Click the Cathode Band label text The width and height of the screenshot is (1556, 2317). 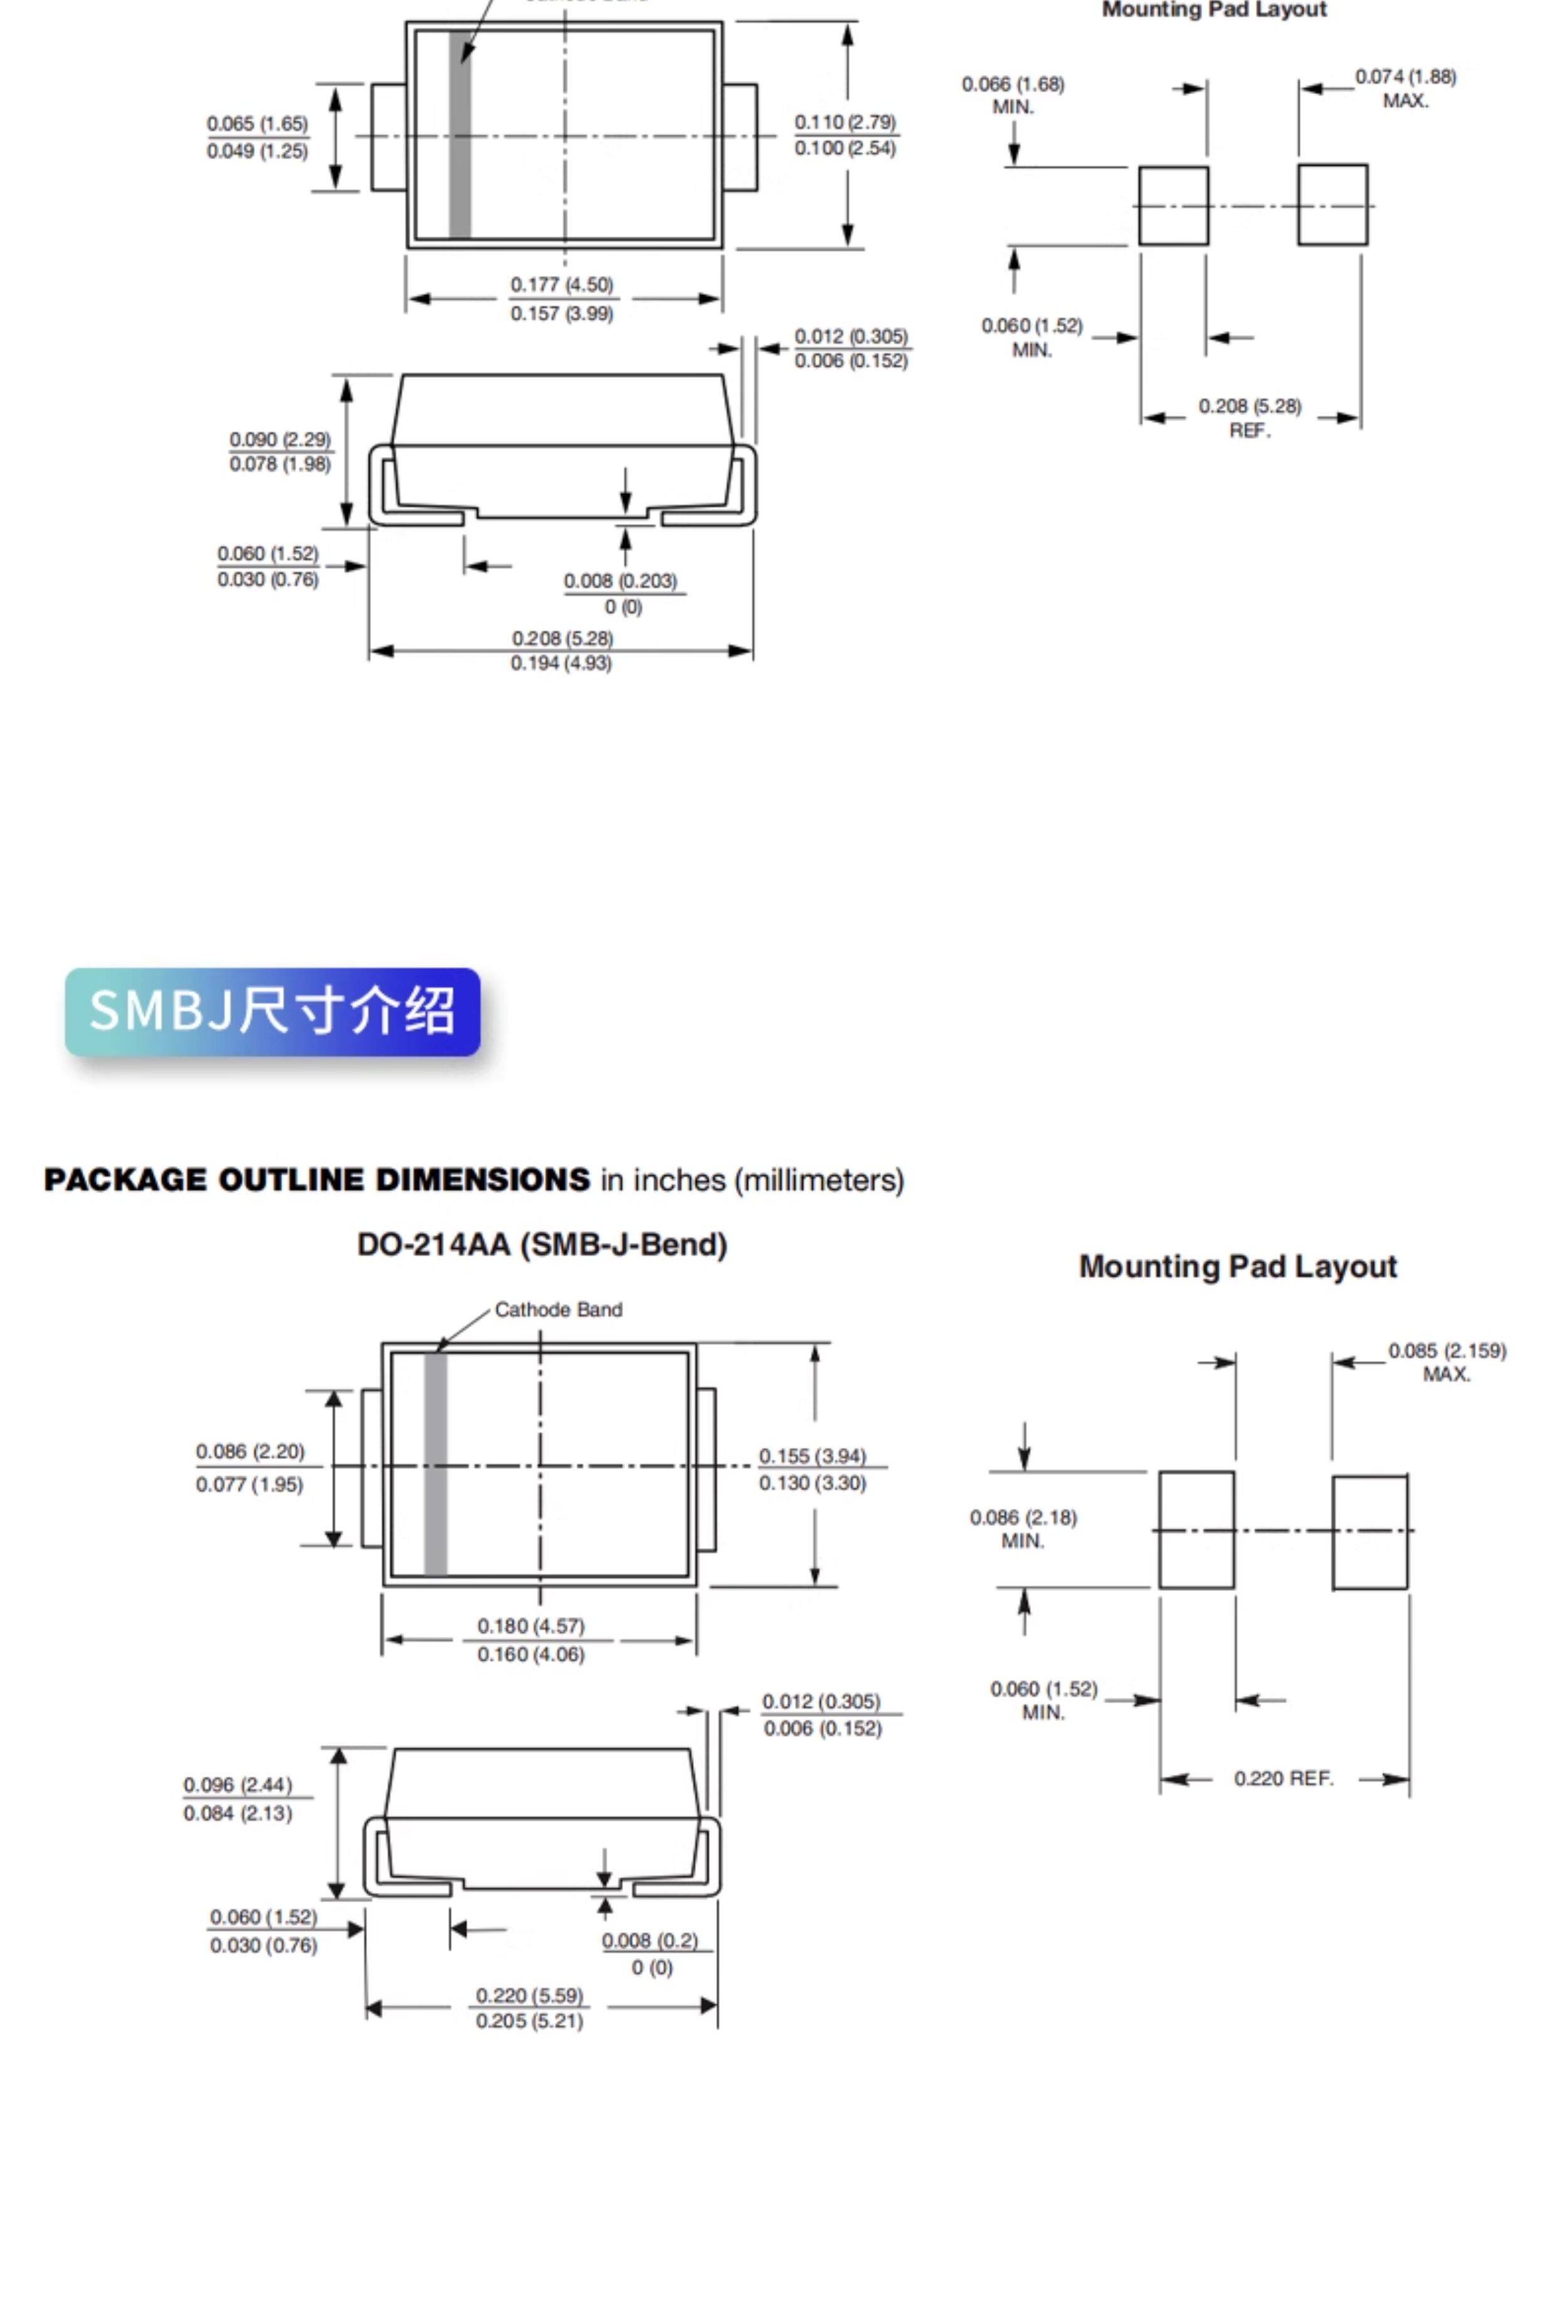point(558,1310)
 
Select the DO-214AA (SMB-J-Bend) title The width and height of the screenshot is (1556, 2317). point(542,1244)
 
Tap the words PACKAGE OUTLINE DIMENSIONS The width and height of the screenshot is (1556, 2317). point(317,1180)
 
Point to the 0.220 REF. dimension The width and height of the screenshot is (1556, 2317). point(1283,1778)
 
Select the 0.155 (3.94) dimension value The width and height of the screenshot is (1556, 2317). point(813,1456)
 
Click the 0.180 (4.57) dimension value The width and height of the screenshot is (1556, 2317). point(531,1625)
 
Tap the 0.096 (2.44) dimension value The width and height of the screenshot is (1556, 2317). point(238,1784)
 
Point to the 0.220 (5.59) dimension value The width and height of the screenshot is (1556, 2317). point(530,1994)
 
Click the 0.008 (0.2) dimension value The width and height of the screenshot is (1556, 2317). point(650,1940)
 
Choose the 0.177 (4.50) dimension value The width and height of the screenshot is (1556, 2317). point(562,285)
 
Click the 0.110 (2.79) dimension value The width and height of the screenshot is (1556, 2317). point(846,122)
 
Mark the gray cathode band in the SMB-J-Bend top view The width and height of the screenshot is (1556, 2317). point(435,1464)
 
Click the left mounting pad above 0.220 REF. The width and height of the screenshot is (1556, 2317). point(1196,1530)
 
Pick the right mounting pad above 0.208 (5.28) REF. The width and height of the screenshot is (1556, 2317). point(1333,205)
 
